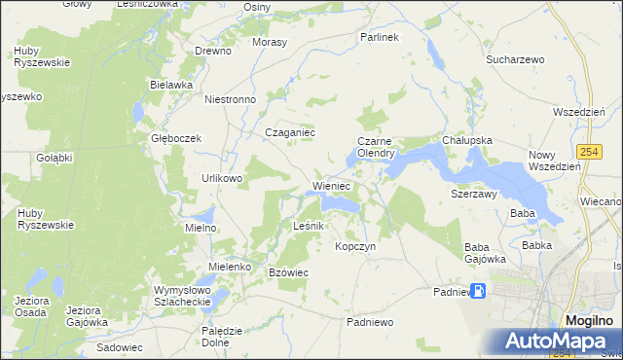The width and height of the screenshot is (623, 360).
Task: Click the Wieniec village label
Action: [x=331, y=185]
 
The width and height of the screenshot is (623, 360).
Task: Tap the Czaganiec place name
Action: [x=291, y=133]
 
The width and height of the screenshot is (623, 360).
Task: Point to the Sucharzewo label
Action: [x=515, y=59]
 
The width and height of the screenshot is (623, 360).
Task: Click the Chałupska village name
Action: [x=467, y=140]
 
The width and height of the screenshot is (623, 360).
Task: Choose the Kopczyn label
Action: [x=355, y=247]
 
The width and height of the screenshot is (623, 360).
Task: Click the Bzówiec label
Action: [x=288, y=272]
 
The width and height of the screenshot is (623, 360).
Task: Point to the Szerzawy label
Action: [x=474, y=194]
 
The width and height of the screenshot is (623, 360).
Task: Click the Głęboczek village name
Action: [x=175, y=138]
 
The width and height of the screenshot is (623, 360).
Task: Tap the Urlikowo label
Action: [x=221, y=179]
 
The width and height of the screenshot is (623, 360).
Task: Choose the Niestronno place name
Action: [x=230, y=99]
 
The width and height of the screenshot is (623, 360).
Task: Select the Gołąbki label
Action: [x=55, y=158]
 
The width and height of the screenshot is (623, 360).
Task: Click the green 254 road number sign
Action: [x=587, y=152]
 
